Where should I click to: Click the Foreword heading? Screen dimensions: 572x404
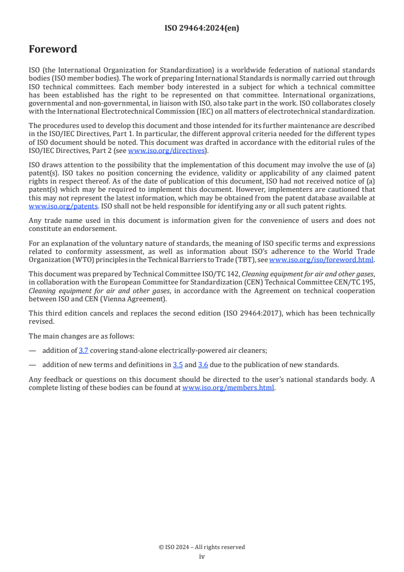click(53, 49)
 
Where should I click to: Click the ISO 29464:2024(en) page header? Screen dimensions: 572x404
click(202, 29)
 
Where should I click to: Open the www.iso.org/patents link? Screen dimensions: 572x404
click(49, 206)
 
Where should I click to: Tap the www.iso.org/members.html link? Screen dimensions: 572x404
click(228, 387)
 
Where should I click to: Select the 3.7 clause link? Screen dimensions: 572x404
click(84, 350)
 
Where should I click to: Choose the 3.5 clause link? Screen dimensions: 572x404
click(178, 365)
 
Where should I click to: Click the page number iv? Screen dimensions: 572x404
click(202, 557)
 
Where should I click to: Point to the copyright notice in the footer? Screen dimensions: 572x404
click(202, 547)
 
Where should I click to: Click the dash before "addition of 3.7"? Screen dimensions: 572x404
click(33, 350)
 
